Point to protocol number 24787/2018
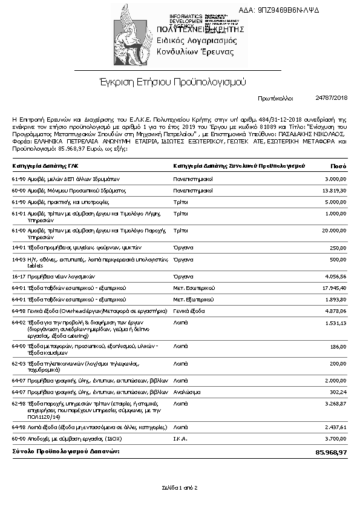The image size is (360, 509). pyautogui.click(x=332, y=97)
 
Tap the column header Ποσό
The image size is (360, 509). pyautogui.click(x=338, y=165)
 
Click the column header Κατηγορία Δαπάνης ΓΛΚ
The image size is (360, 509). pyautogui.click(x=44, y=165)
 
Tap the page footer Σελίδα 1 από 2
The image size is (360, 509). pyautogui.click(x=180, y=487)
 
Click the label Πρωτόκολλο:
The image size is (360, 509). pyautogui.click(x=275, y=97)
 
